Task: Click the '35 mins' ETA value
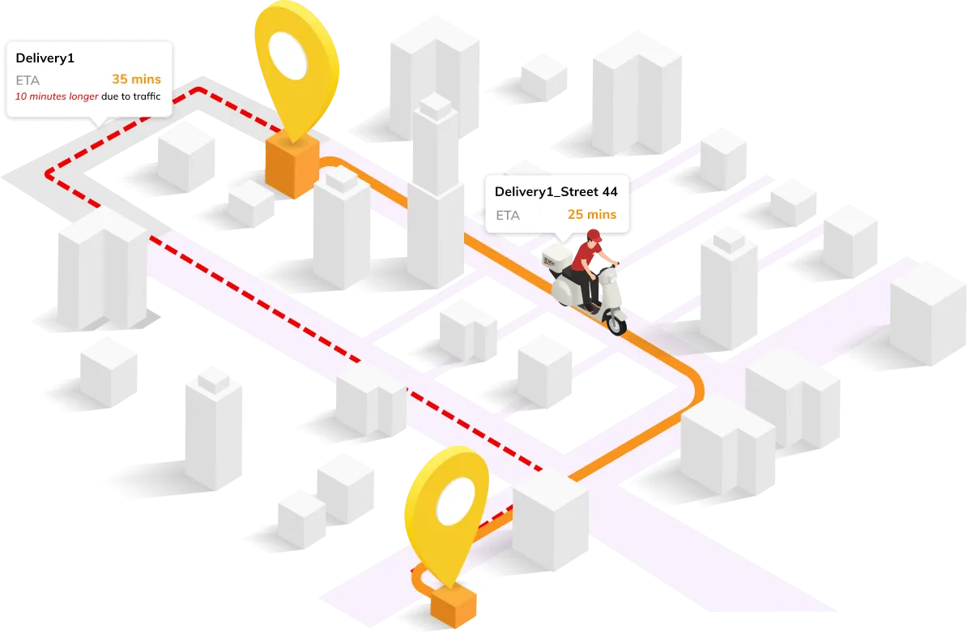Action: coord(136,79)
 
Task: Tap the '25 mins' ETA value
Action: coord(591,215)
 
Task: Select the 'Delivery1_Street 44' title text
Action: coord(556,191)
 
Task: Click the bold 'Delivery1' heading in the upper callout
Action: coord(45,58)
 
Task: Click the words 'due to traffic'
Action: coord(131,97)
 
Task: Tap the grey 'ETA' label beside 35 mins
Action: coord(28,80)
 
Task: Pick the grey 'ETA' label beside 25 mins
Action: coord(507,216)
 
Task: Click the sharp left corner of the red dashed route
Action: coord(49,173)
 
